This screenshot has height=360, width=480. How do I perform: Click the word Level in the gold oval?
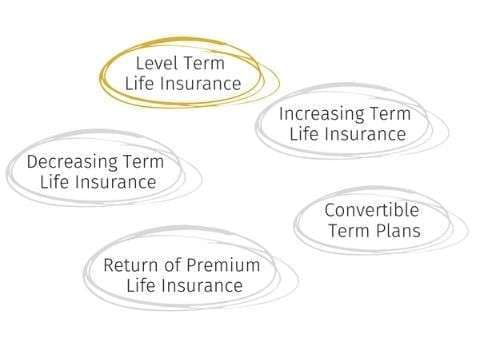[x=156, y=63]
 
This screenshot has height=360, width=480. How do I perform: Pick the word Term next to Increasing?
[x=388, y=113]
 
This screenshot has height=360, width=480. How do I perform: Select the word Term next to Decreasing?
[x=143, y=162]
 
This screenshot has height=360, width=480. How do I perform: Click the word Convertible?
[x=372, y=211]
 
